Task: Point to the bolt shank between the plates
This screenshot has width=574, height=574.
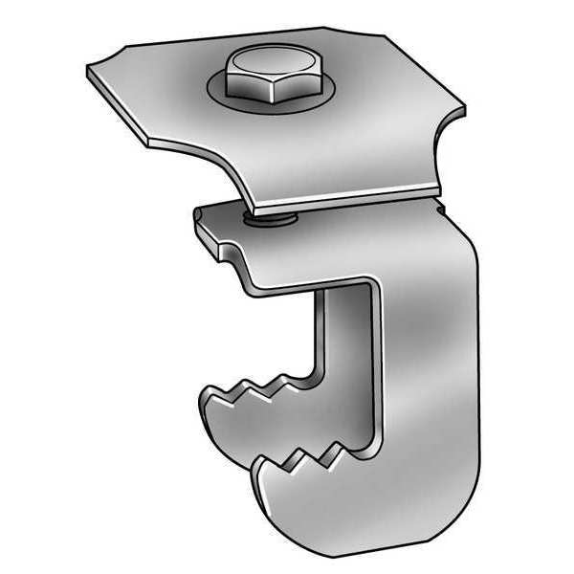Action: pos(270,221)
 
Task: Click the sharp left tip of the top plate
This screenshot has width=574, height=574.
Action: pos(88,68)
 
